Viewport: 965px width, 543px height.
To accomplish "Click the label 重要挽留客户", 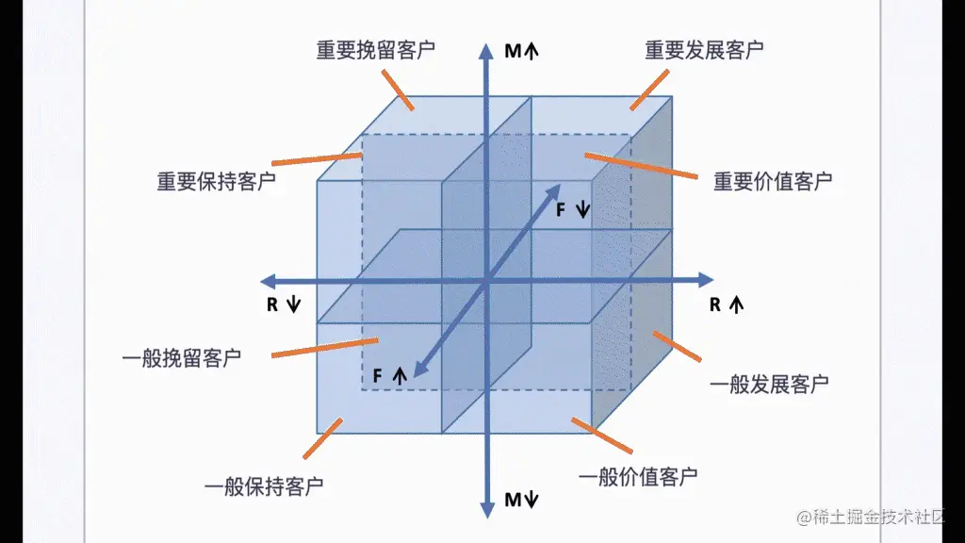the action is [x=375, y=50].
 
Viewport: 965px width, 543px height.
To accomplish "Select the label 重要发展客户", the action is [x=704, y=50].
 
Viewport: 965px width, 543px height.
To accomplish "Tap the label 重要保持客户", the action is [x=217, y=181].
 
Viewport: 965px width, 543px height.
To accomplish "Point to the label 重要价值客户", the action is [x=773, y=181].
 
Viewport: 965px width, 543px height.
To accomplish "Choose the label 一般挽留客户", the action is [x=182, y=358].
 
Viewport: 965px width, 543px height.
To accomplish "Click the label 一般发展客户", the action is [x=769, y=384].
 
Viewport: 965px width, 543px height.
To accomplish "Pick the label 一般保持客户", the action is [x=264, y=486].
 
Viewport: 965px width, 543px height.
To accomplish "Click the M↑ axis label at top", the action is [x=521, y=51].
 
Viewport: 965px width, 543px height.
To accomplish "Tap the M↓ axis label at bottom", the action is [x=520, y=500].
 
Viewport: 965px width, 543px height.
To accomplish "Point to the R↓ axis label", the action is [x=283, y=304].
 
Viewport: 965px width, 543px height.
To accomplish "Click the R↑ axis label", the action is [x=726, y=304].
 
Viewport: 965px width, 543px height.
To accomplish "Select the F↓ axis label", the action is [x=572, y=209].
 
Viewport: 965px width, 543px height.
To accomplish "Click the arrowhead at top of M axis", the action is [x=487, y=48].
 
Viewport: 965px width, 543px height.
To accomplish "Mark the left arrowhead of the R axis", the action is [x=267, y=280].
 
